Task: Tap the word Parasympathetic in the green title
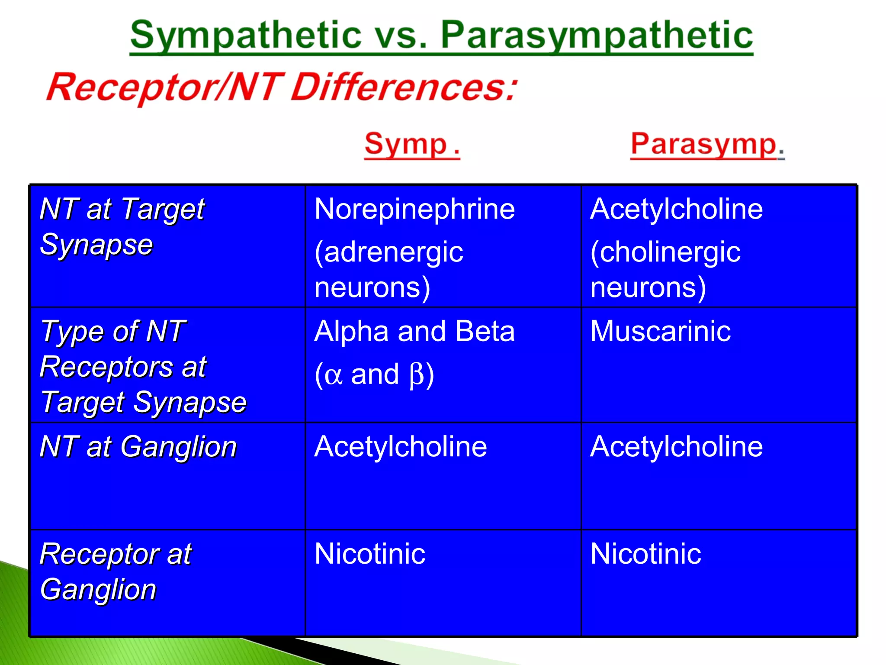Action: (x=597, y=36)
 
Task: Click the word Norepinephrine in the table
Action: (x=414, y=209)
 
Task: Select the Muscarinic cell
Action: (x=660, y=331)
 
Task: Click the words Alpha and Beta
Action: (x=414, y=331)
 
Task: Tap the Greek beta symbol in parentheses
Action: (x=416, y=374)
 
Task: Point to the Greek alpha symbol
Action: (x=333, y=375)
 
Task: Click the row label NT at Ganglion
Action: (x=138, y=446)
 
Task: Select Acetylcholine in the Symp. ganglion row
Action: (x=401, y=446)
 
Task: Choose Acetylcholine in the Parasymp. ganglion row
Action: (x=676, y=446)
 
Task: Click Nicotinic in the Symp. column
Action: (x=370, y=554)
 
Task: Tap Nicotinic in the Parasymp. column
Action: (x=645, y=554)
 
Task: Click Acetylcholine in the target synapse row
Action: (x=676, y=209)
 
